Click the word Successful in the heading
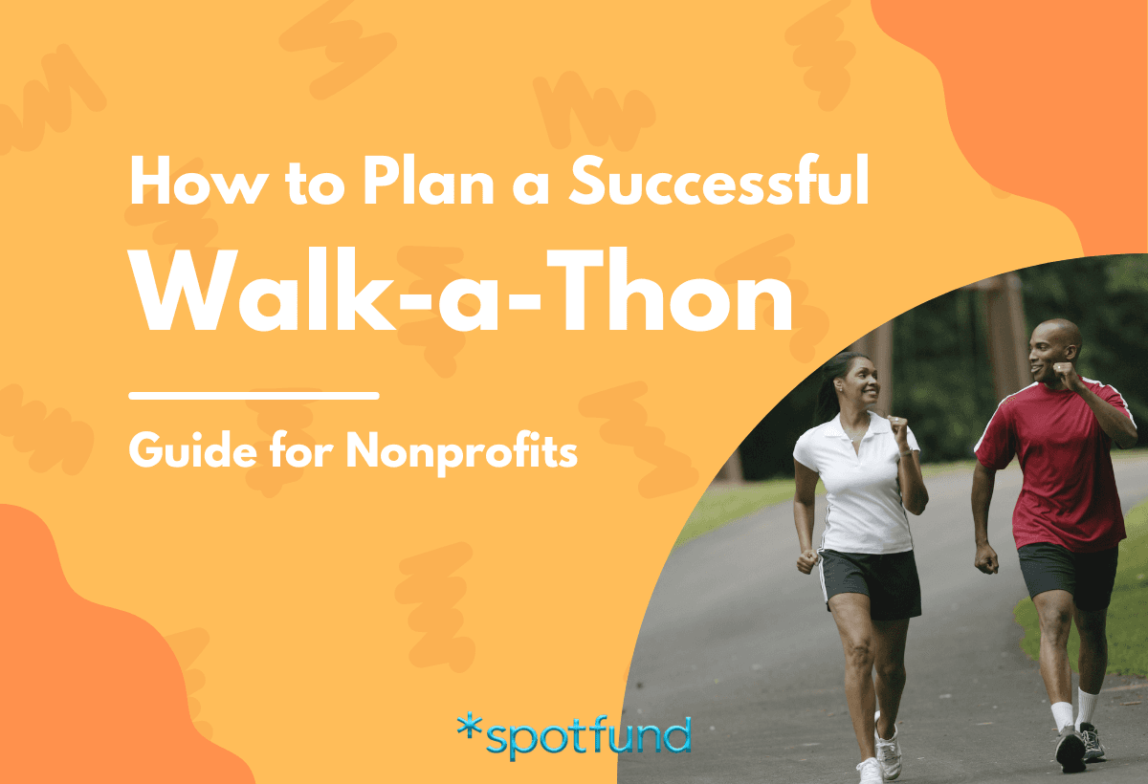click(718, 185)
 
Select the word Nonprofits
click(462, 449)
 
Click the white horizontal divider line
click(254, 394)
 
